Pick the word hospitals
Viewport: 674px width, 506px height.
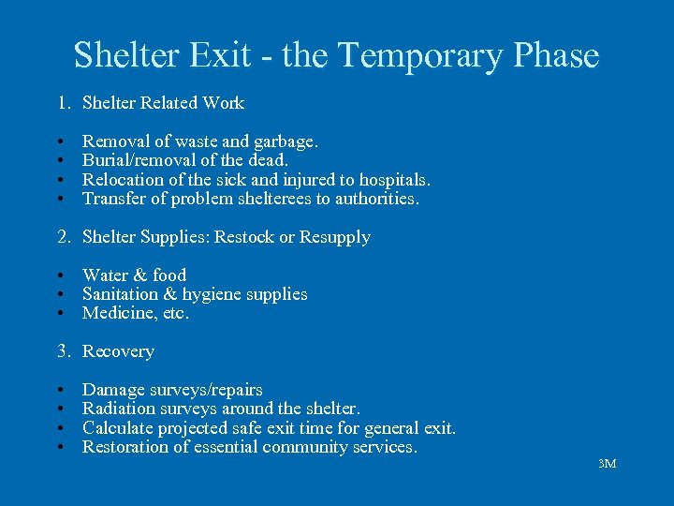pos(391,179)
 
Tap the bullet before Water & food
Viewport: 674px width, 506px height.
pos(59,275)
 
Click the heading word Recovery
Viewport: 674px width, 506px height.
pos(118,351)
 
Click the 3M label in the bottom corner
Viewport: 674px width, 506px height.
pos(607,464)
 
